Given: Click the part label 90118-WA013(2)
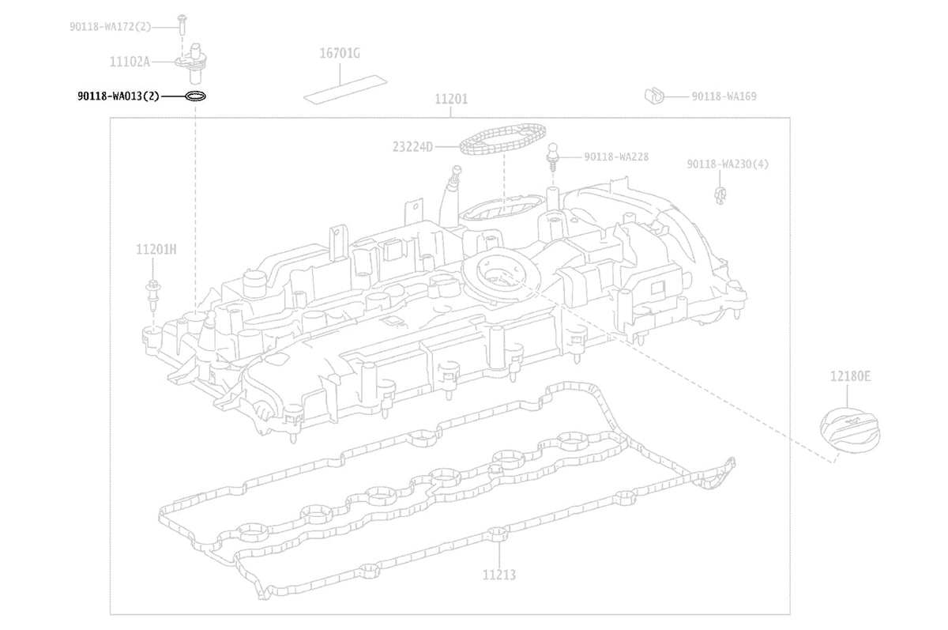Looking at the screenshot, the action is click(118, 96).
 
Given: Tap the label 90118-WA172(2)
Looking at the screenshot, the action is click(111, 27).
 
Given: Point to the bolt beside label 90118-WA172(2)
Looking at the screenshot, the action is click(182, 25).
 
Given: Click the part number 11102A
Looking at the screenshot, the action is click(130, 62).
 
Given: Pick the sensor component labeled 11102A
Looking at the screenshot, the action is click(193, 63).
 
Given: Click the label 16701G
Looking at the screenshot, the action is click(340, 53).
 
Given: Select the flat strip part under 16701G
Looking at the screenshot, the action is click(345, 89).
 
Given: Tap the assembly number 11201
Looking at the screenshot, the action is click(451, 99).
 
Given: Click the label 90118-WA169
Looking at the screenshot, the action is click(724, 96).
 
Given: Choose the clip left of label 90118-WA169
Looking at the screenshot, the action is click(654, 96).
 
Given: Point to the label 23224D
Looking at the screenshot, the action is click(412, 147).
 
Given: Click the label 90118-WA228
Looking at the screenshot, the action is click(616, 157).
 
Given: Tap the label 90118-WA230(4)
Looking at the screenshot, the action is click(728, 164).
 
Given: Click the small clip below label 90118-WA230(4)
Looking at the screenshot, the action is click(720, 194).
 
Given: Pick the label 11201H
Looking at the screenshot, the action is click(156, 249).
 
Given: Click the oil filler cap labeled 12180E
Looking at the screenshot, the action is click(850, 431).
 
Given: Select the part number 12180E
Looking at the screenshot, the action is click(850, 376).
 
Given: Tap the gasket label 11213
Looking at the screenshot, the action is click(499, 575).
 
